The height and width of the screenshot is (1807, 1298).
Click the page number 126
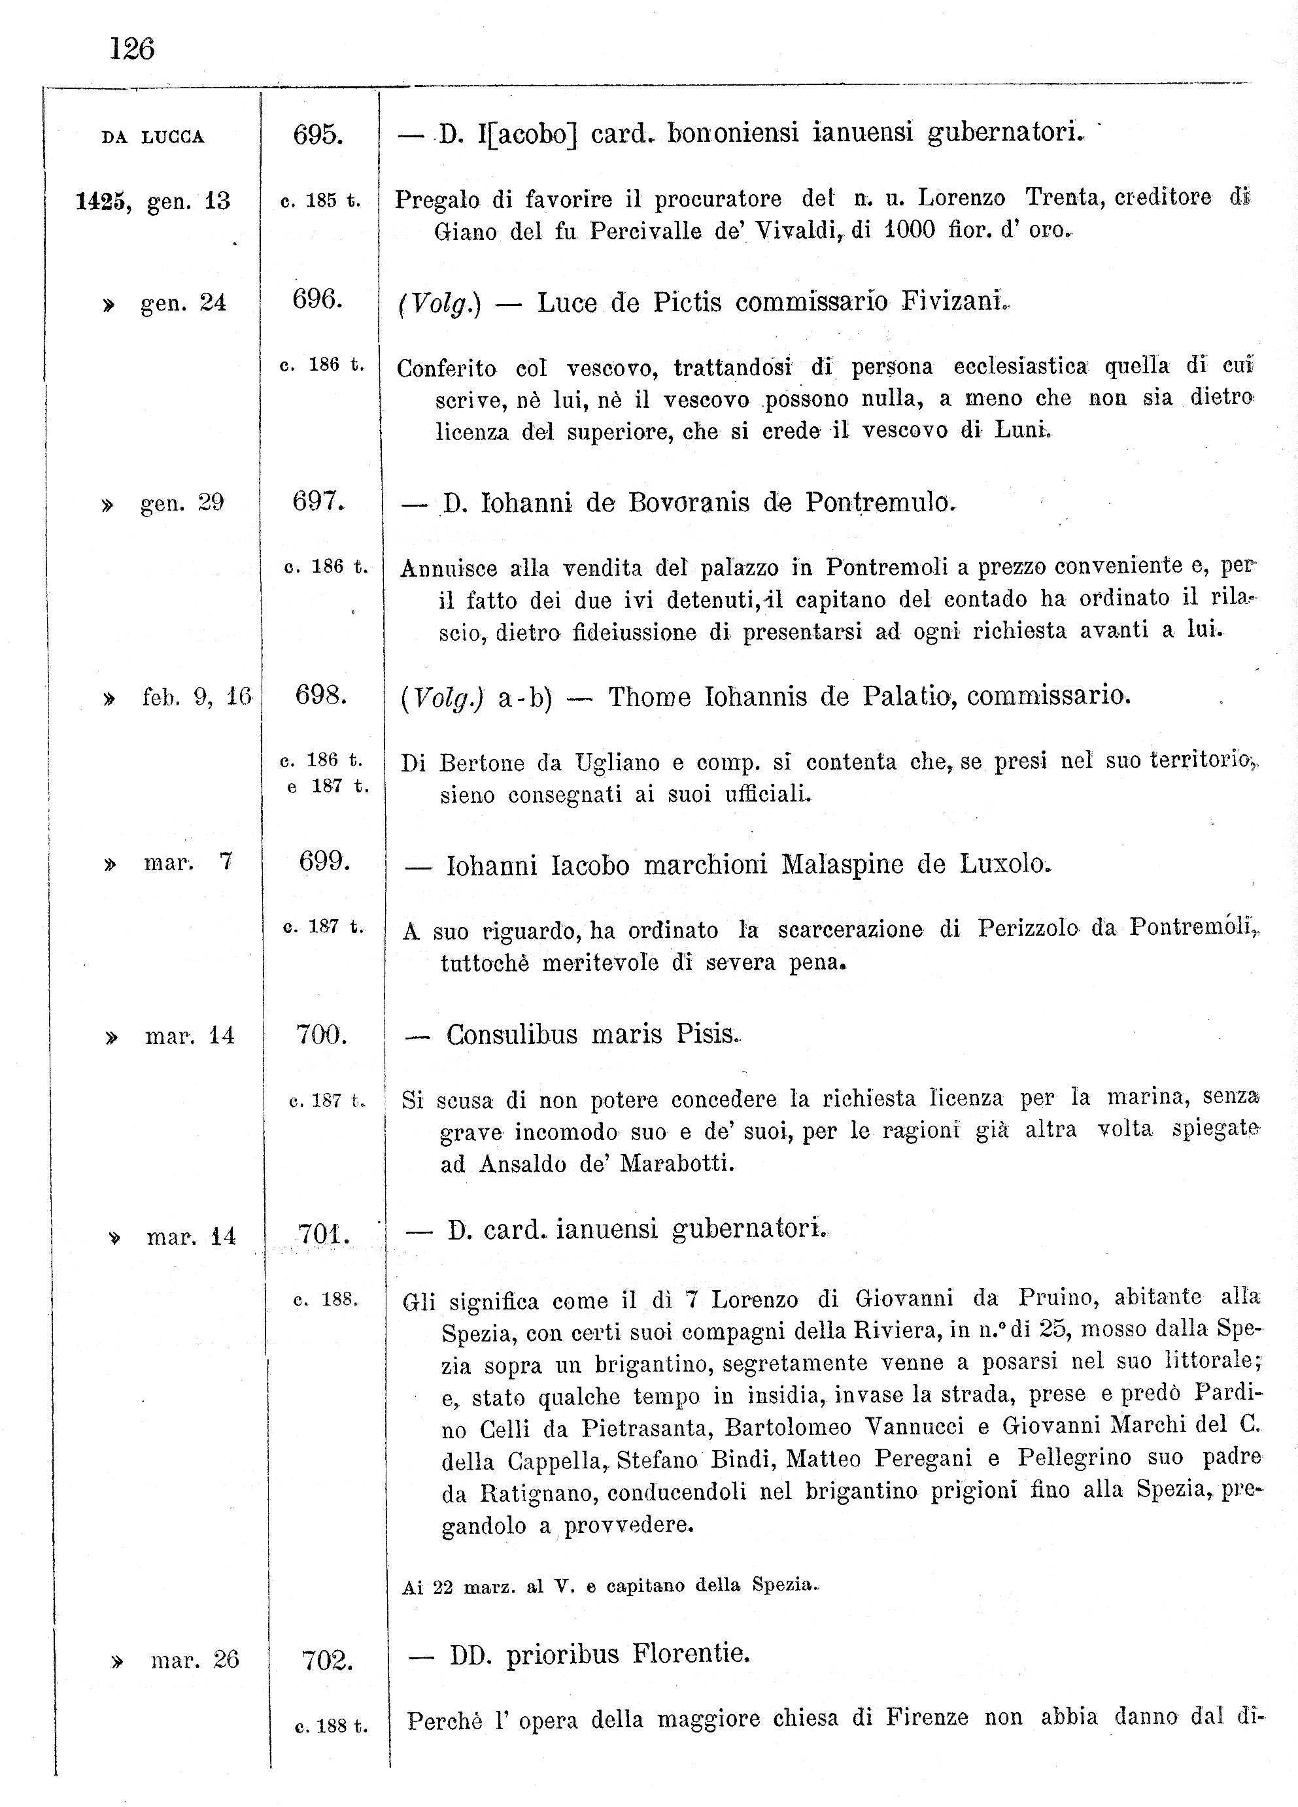[x=131, y=50]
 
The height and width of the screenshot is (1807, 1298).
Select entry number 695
[x=318, y=135]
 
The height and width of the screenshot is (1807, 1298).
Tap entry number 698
[x=320, y=696]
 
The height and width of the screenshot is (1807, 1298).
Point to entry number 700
[x=321, y=1035]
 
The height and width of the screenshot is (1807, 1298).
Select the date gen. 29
[x=182, y=503]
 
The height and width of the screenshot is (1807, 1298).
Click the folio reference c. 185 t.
[x=320, y=201]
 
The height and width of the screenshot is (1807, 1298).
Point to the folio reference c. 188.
[x=325, y=1300]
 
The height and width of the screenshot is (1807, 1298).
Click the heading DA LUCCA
[x=152, y=137]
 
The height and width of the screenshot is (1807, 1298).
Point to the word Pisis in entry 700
[x=707, y=1034]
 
